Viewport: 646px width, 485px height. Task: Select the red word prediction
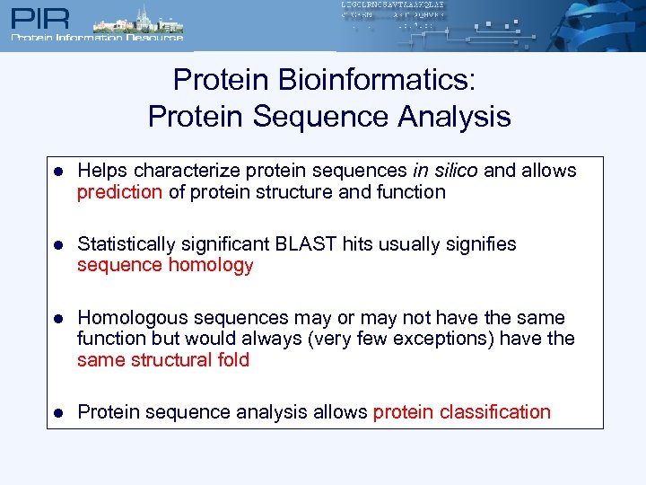(119, 192)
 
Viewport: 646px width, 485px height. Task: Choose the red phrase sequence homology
(165, 266)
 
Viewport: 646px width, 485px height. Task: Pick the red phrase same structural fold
(163, 361)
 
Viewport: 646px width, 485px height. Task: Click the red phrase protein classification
(461, 412)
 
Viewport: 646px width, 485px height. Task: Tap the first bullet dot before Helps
(57, 172)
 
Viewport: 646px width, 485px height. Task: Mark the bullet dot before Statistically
(57, 245)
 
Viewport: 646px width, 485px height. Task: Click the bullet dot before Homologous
(57, 319)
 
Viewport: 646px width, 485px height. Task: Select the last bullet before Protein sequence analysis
(57, 413)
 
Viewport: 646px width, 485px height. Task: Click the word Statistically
(128, 244)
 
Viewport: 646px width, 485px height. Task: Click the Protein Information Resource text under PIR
(96, 38)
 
